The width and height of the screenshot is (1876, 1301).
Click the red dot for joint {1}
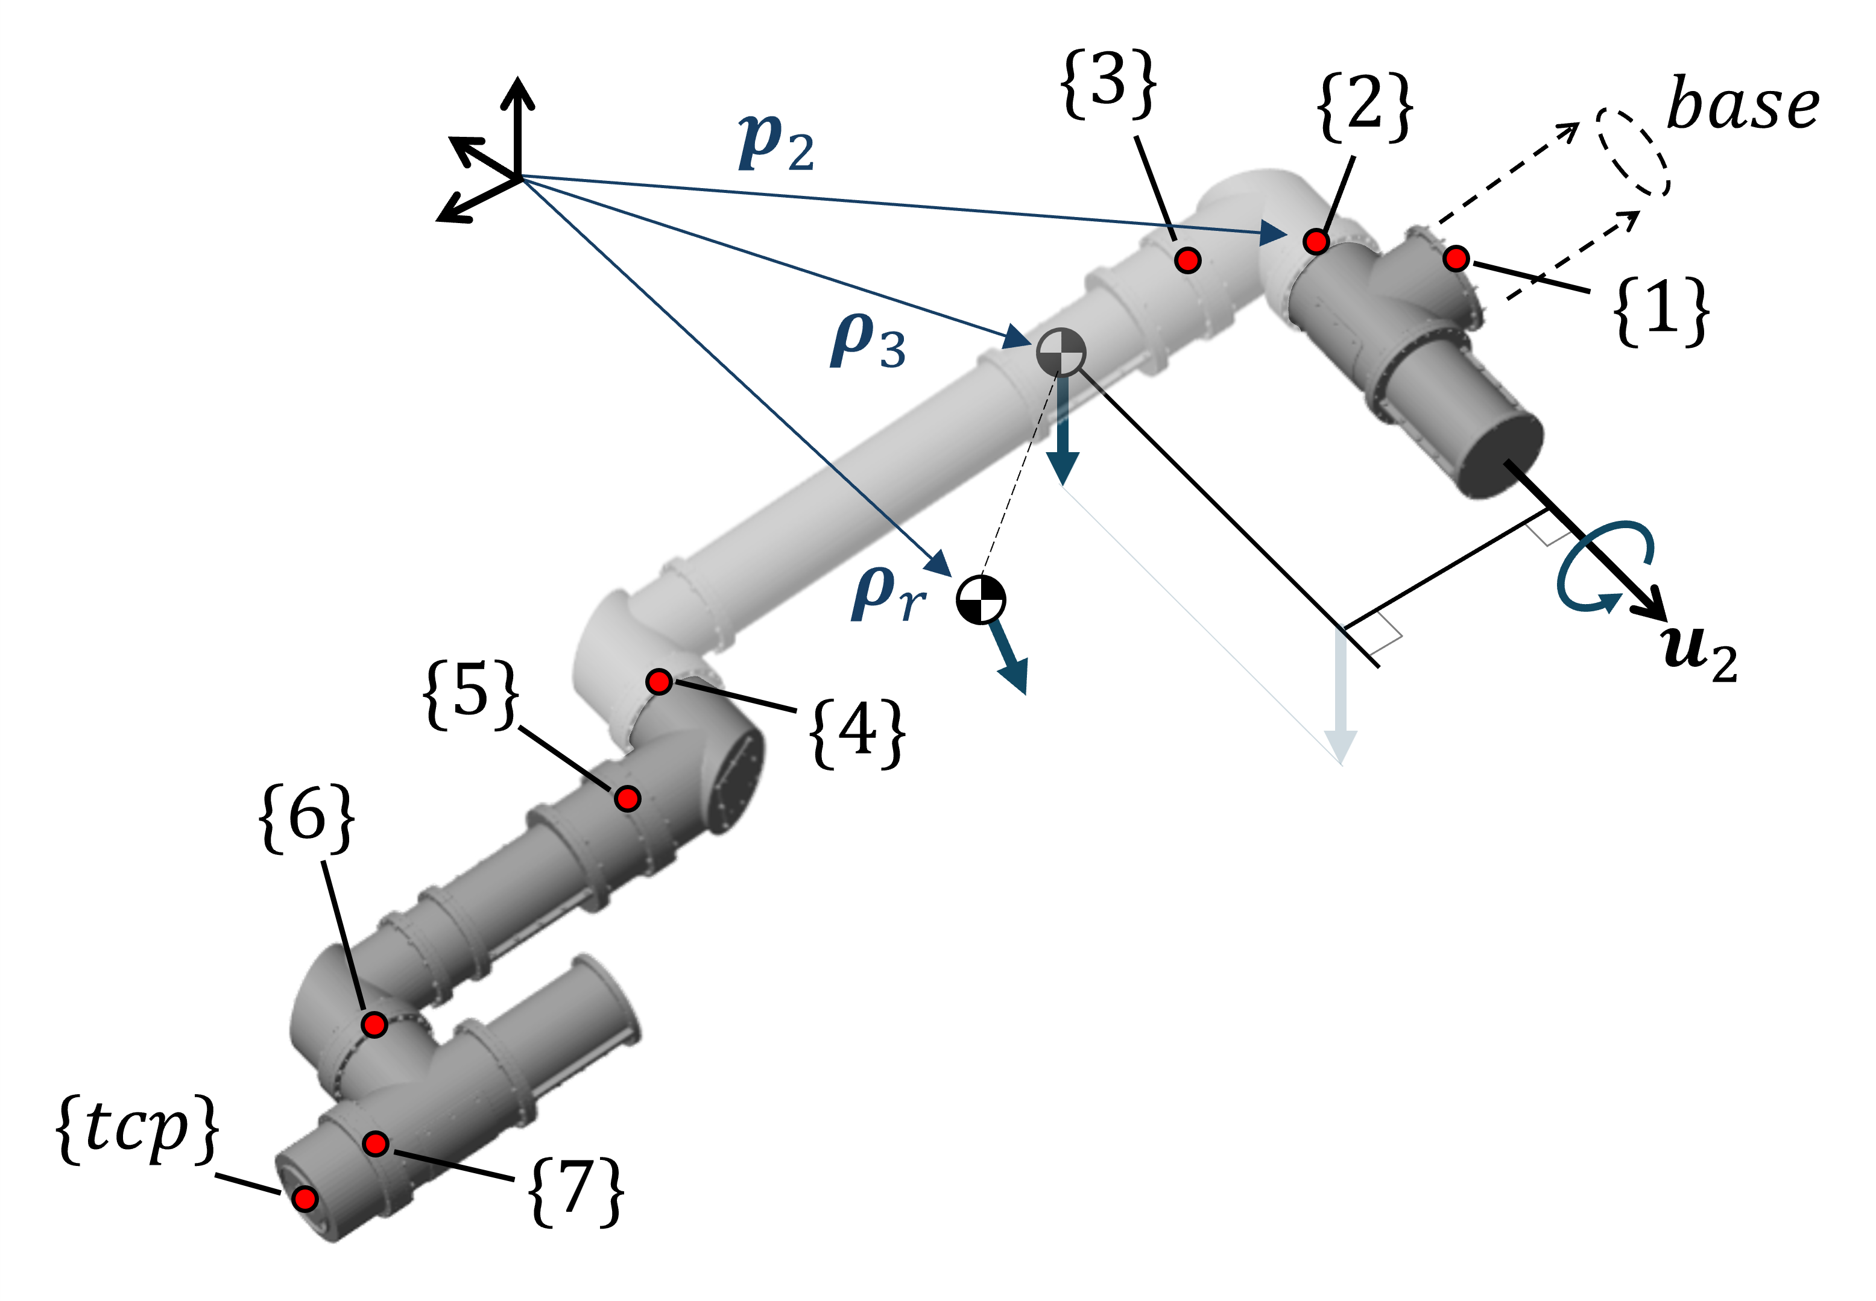point(1455,259)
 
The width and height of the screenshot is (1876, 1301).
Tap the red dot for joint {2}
point(1316,241)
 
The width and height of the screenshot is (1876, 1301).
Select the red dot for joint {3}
point(1188,260)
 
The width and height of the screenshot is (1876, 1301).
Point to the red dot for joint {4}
point(658,681)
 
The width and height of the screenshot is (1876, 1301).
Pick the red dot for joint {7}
point(375,1144)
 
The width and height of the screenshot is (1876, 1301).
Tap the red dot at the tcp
point(305,1199)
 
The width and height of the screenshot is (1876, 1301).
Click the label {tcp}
point(137,1129)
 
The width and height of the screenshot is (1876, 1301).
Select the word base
point(1742,106)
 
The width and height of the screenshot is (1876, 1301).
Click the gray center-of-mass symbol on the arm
point(1061,352)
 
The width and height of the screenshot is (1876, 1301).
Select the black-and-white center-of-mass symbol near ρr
point(980,600)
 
